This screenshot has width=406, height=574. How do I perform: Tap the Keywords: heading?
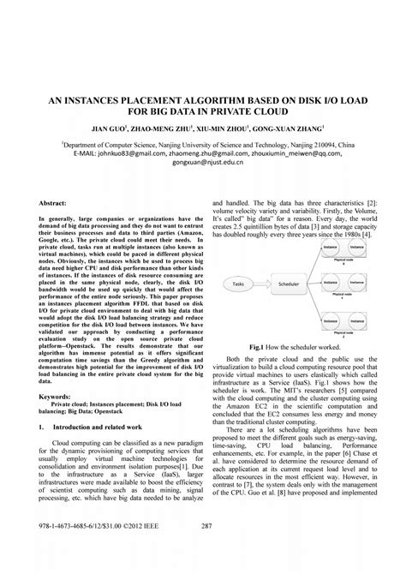[x=56, y=396]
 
